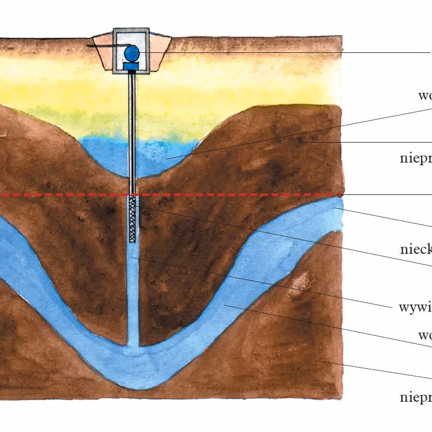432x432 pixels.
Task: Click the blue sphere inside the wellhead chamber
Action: [x=132, y=52]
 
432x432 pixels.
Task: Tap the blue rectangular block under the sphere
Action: [x=131, y=66]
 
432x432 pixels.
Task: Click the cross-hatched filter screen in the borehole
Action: [x=132, y=219]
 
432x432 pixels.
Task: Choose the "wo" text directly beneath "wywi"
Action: [x=424, y=335]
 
